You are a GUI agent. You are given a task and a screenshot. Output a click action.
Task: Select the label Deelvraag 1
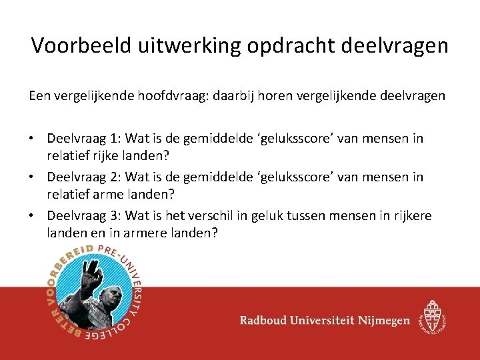[x=82, y=139]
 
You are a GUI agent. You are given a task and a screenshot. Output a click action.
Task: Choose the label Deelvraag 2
[x=82, y=177]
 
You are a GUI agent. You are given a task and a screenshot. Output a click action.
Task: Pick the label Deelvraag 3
[x=82, y=216]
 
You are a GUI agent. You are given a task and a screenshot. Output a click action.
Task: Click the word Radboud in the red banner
[x=265, y=321]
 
